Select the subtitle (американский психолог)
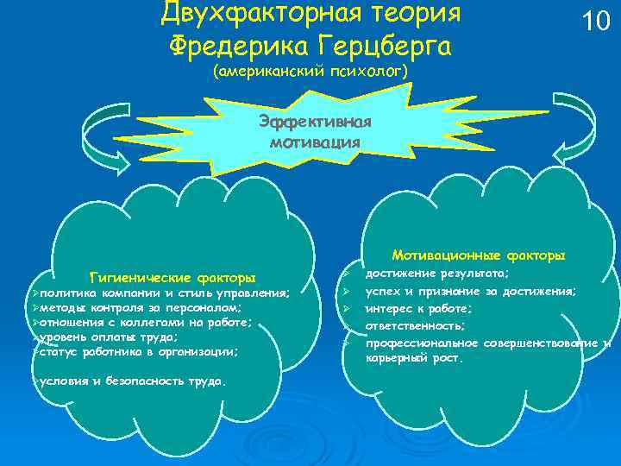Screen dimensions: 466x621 pyautogui.click(x=310, y=74)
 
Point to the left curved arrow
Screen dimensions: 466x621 pyautogui.click(x=66, y=138)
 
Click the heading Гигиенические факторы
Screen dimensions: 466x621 pyautogui.click(x=173, y=278)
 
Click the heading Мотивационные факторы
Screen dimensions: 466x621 pyautogui.click(x=479, y=255)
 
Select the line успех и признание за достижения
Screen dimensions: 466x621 pyautogui.click(x=470, y=291)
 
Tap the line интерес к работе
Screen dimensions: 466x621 pyautogui.click(x=417, y=308)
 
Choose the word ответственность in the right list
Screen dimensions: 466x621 pyautogui.click(x=415, y=325)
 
